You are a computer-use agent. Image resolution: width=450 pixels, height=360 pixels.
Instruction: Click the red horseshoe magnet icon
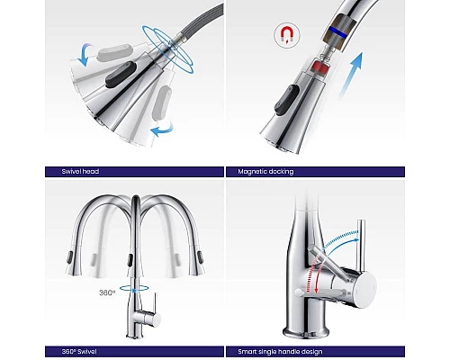[287, 35]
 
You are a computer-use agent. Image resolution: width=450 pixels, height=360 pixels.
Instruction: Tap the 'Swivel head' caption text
[80, 172]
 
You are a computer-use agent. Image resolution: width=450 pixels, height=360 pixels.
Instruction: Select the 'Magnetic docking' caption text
[265, 172]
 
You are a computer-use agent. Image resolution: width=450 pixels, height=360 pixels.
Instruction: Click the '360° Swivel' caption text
[79, 352]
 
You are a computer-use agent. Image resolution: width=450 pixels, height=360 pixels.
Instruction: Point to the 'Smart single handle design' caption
[280, 352]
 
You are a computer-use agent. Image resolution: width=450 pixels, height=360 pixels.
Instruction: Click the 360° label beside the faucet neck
[107, 292]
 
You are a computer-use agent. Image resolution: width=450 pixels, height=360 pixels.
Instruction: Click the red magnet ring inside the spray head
[318, 67]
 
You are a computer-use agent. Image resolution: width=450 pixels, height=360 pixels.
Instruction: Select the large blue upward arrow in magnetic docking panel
[351, 75]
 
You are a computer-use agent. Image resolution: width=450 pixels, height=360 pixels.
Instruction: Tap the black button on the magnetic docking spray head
[286, 100]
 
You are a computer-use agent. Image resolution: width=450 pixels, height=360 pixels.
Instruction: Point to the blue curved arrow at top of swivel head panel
[85, 55]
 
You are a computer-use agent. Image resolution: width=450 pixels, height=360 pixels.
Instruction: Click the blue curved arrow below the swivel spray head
[162, 129]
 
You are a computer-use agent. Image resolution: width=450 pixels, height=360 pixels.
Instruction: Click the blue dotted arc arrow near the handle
[340, 240]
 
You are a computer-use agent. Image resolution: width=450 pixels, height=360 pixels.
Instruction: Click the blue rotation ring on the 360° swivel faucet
[134, 288]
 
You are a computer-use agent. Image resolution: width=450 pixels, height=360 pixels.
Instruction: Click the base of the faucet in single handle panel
[305, 330]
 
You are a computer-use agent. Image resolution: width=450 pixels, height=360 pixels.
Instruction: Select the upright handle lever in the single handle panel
[360, 247]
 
